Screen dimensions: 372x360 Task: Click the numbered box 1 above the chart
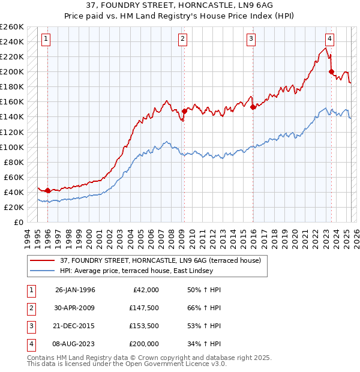coord(46,40)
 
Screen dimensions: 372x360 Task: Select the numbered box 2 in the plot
coord(182,40)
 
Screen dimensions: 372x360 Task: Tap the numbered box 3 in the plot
coord(251,40)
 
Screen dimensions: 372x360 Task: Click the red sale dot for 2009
coord(184,111)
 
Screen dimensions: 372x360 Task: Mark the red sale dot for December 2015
coord(253,106)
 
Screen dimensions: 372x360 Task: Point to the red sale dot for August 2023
coord(331,71)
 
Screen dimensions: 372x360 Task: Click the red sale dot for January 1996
coord(48,190)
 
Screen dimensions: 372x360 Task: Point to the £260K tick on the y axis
coord(12,27)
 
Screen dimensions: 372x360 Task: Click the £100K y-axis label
coord(12,147)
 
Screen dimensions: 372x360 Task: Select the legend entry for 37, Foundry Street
coord(160,261)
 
